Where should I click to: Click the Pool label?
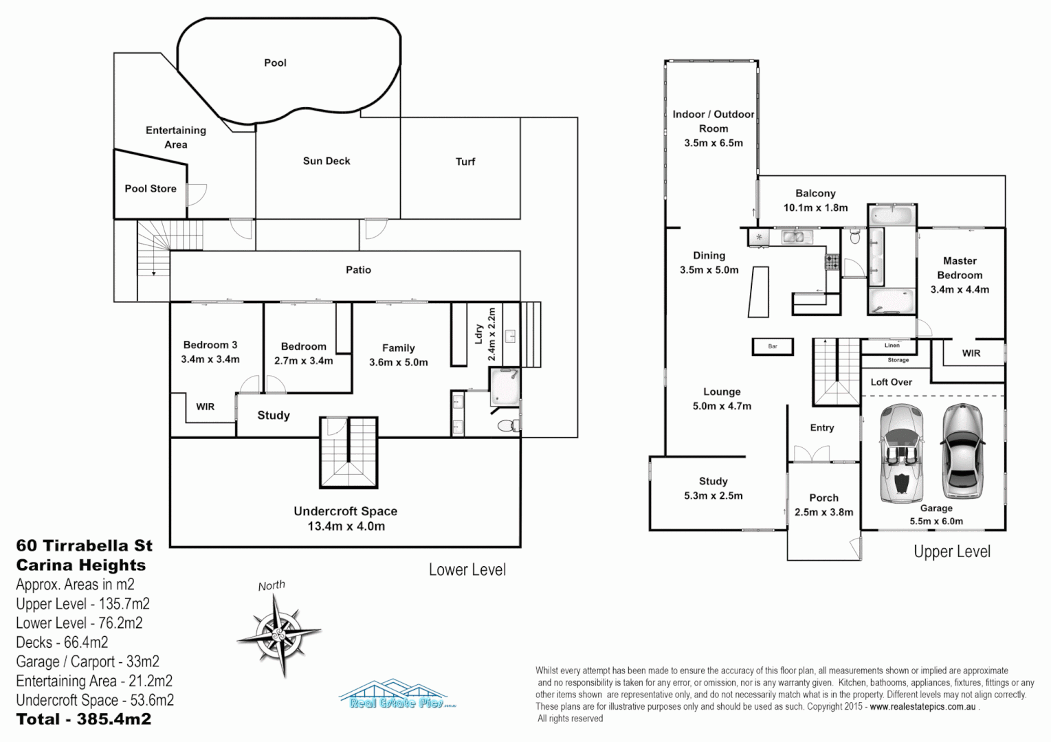pyautogui.click(x=275, y=63)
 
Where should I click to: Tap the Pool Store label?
pyautogui.click(x=151, y=188)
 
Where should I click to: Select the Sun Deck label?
pyautogui.click(x=327, y=161)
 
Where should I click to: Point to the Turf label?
pyautogui.click(x=465, y=161)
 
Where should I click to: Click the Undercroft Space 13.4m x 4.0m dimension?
pyautogui.click(x=346, y=526)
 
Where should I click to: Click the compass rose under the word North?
pyautogui.click(x=279, y=633)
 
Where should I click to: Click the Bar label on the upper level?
pyautogui.click(x=773, y=346)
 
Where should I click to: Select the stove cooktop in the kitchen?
pyautogui.click(x=832, y=262)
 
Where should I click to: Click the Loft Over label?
pyautogui.click(x=891, y=382)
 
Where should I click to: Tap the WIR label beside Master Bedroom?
pyautogui.click(x=971, y=353)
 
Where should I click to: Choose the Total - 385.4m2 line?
pyautogui.click(x=84, y=719)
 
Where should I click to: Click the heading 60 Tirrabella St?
pyautogui.click(x=85, y=546)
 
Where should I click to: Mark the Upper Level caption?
pyautogui.click(x=951, y=552)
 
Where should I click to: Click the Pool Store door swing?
pyautogui.click(x=197, y=194)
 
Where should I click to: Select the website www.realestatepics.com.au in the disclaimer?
pyautogui.click(x=922, y=707)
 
